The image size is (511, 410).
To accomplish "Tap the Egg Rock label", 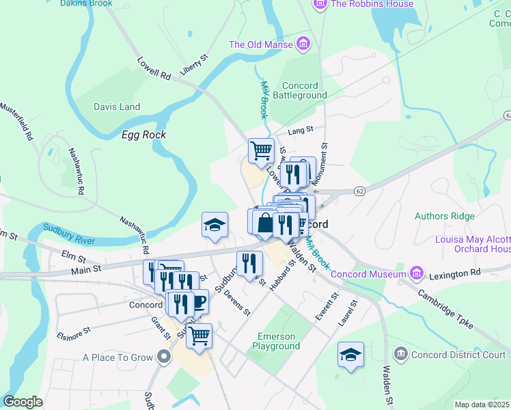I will [143, 135].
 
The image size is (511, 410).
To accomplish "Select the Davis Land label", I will [117, 107].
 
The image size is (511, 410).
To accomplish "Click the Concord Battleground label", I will [300, 90].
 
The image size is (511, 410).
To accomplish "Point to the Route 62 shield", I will [359, 193].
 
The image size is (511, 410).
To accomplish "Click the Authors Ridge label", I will [444, 216].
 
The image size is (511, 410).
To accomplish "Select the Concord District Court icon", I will [400, 354].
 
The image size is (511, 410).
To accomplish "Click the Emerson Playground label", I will [278, 341].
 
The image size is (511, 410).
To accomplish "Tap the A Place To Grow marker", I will [163, 357].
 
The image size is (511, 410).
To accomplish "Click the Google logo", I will [23, 402].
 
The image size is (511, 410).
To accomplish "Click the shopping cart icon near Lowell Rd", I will [260, 150].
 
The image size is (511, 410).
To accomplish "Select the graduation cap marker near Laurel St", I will [350, 355].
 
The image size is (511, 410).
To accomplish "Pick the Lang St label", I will [300, 128].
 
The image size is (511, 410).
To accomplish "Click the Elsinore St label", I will [74, 332].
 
